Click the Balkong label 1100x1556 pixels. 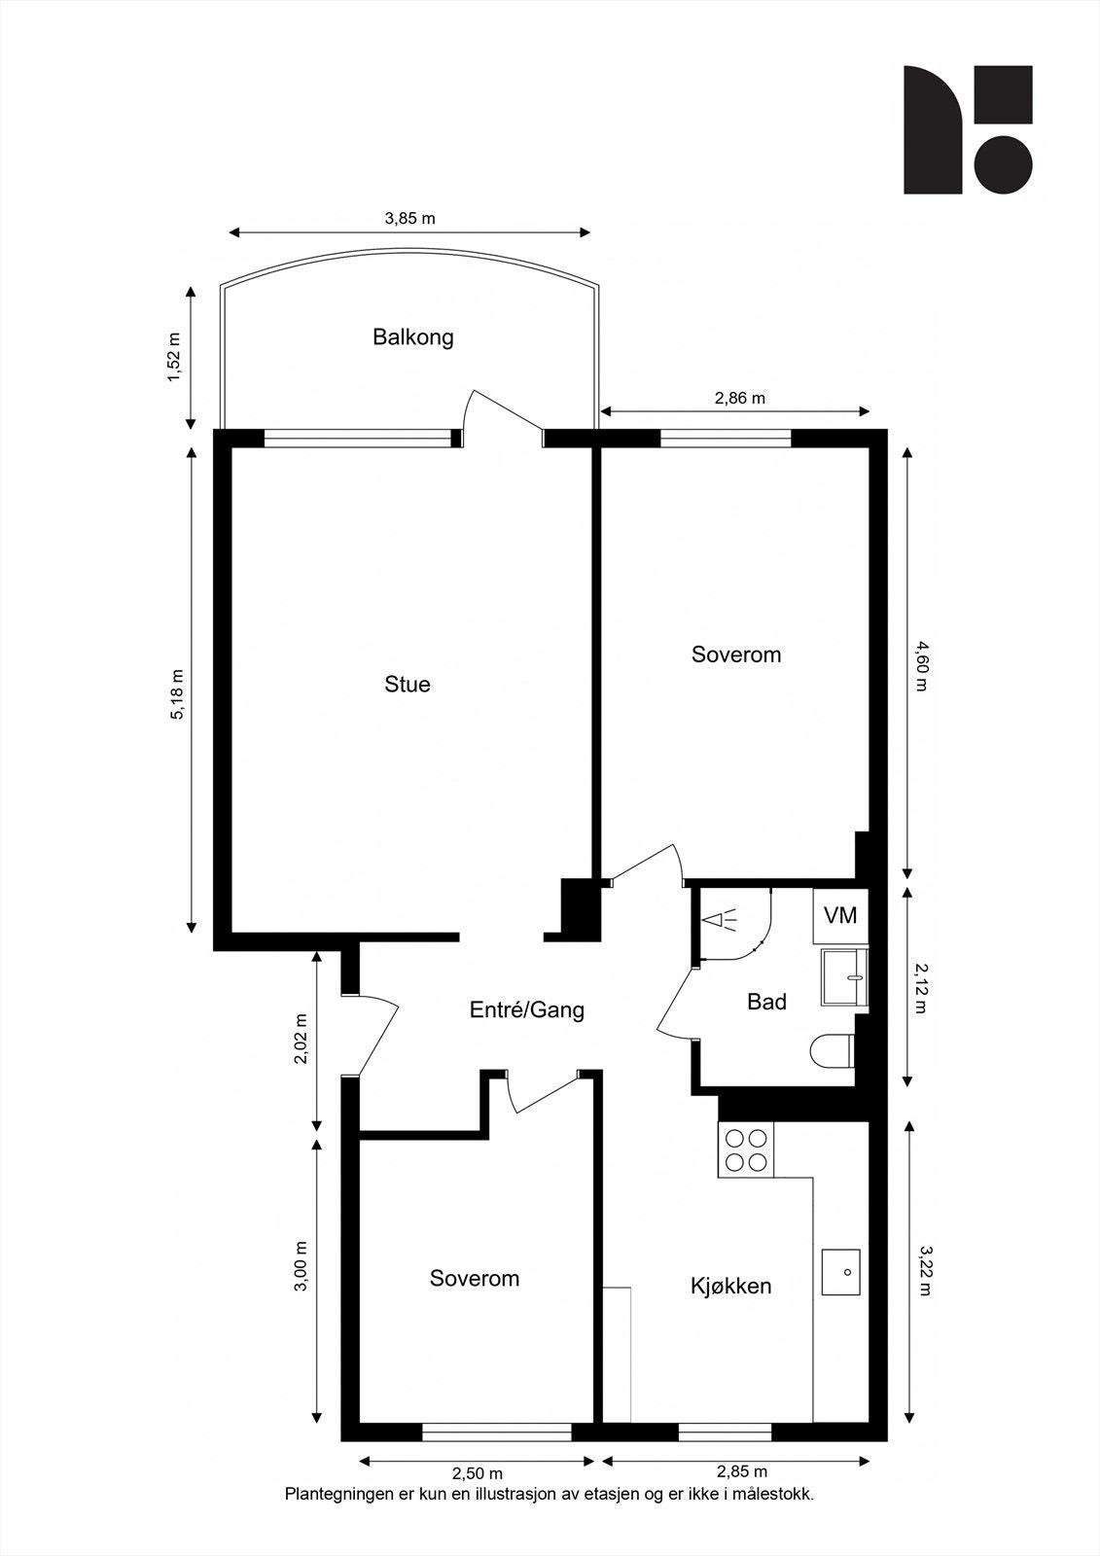tap(413, 337)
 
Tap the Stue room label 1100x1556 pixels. tap(408, 685)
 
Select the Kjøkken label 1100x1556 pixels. tap(731, 1286)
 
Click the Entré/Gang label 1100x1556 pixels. tap(527, 1010)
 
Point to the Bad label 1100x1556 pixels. tap(766, 1002)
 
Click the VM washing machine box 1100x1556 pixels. tap(840, 916)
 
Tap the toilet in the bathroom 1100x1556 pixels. tap(833, 1051)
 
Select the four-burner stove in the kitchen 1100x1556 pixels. tap(745, 1150)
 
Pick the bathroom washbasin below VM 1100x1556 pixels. tap(843, 975)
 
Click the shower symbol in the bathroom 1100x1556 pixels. tap(722, 920)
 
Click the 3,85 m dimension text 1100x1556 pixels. tap(409, 219)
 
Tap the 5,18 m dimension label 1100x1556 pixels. tap(177, 694)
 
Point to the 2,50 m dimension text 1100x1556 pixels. tap(478, 1473)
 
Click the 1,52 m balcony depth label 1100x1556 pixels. tap(175, 358)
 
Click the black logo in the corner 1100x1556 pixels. tap(967, 129)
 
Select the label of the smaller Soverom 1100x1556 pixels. tap(475, 1279)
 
